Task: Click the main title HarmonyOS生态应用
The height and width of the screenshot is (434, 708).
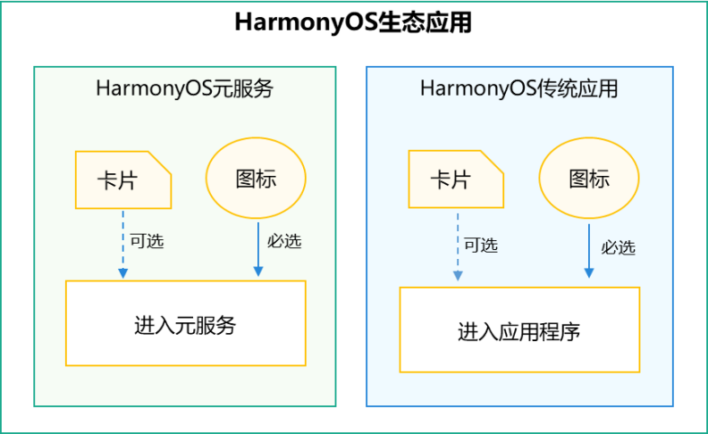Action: point(353,22)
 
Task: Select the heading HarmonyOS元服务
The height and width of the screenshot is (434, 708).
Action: point(184,88)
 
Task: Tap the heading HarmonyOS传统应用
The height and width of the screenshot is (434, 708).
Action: point(518,88)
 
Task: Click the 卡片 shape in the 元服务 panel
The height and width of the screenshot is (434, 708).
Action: point(123,180)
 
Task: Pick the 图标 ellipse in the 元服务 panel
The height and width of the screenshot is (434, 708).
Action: point(256,179)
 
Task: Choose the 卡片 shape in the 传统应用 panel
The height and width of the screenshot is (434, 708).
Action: point(456,179)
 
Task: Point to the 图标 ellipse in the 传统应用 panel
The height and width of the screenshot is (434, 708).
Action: point(589,179)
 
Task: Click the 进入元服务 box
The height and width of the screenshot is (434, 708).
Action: point(186,323)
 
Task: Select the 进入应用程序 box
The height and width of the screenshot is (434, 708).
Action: point(519,330)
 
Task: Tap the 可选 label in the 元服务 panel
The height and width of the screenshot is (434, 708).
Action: point(147,241)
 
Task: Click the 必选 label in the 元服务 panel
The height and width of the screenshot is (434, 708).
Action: point(284,241)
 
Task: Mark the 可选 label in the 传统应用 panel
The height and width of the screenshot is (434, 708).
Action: point(481,246)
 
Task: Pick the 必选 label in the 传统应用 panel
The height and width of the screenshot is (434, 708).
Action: point(618,247)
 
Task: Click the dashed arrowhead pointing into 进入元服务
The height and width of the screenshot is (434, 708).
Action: point(122,273)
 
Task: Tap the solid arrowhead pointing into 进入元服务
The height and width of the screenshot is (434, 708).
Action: point(258,271)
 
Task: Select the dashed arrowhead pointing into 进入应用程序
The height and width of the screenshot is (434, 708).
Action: point(458,276)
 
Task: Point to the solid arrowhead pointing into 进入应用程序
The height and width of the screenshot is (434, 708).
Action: point(589,273)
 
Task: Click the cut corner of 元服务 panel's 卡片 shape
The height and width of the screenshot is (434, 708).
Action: point(159,163)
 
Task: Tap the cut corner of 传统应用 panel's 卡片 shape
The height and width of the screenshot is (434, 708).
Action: point(492,162)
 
